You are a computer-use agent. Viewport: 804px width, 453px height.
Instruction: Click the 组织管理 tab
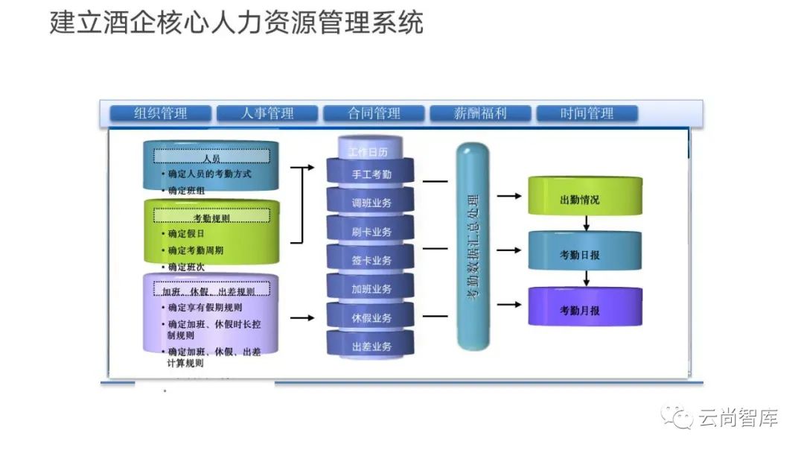pyautogui.click(x=161, y=114)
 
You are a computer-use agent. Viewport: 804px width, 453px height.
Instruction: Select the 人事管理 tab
pyautogui.click(x=267, y=114)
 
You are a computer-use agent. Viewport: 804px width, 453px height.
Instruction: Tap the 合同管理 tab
pyautogui.click(x=374, y=114)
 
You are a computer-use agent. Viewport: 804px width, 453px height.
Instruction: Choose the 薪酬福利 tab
pyautogui.click(x=480, y=114)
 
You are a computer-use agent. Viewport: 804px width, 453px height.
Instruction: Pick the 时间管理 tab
pyautogui.click(x=587, y=114)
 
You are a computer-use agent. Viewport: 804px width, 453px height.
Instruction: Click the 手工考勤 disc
pyautogui.click(x=371, y=174)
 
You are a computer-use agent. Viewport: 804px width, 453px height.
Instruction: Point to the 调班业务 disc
pyautogui.click(x=371, y=203)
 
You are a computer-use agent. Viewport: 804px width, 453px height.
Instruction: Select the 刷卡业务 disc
pyautogui.click(x=371, y=232)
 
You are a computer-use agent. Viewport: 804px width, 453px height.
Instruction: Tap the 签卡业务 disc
pyautogui.click(x=371, y=260)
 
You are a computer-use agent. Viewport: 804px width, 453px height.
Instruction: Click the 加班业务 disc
pyautogui.click(x=371, y=289)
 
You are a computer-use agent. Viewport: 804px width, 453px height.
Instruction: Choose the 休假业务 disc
pyautogui.click(x=371, y=318)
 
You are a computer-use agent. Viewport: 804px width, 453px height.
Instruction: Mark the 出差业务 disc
pyautogui.click(x=371, y=346)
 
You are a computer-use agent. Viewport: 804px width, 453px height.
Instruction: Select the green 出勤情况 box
pyautogui.click(x=584, y=200)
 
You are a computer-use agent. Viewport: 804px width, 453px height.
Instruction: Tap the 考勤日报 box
pyautogui.click(x=584, y=254)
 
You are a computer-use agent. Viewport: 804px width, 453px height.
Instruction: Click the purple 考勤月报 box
pyautogui.click(x=584, y=310)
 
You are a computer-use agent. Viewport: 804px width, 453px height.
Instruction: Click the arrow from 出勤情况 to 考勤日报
pyautogui.click(x=587, y=223)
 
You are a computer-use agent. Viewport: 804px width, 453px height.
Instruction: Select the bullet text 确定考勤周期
pyautogui.click(x=196, y=250)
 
